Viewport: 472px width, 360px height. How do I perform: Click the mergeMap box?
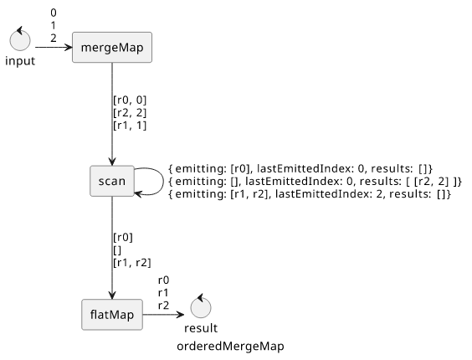point(112,47)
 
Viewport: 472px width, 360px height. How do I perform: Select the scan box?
point(112,181)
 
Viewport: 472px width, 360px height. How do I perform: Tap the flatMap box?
point(112,315)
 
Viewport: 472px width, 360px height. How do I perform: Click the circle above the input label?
point(20,39)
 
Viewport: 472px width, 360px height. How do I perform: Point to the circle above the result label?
point(201,307)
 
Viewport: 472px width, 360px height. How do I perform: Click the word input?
point(20,61)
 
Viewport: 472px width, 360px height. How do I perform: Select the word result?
point(201,328)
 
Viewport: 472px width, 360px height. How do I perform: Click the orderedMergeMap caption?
point(230,347)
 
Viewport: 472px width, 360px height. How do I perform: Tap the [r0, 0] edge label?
point(130,100)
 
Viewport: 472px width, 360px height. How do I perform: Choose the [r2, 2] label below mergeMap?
point(130,113)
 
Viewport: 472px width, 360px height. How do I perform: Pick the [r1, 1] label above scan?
point(130,126)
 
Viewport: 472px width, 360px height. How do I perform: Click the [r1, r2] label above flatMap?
point(132,263)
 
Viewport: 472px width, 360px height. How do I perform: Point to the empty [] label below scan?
point(117,250)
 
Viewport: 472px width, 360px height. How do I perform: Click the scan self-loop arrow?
point(163,182)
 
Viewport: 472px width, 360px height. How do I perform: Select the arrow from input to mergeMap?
point(54,47)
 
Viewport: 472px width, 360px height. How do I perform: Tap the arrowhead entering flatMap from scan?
point(112,296)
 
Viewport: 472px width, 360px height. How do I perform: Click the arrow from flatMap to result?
point(163,315)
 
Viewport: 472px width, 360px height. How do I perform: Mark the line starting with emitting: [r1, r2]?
point(310,194)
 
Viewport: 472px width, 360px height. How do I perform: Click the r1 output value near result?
point(163,293)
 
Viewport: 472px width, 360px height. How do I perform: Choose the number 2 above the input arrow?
point(54,39)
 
